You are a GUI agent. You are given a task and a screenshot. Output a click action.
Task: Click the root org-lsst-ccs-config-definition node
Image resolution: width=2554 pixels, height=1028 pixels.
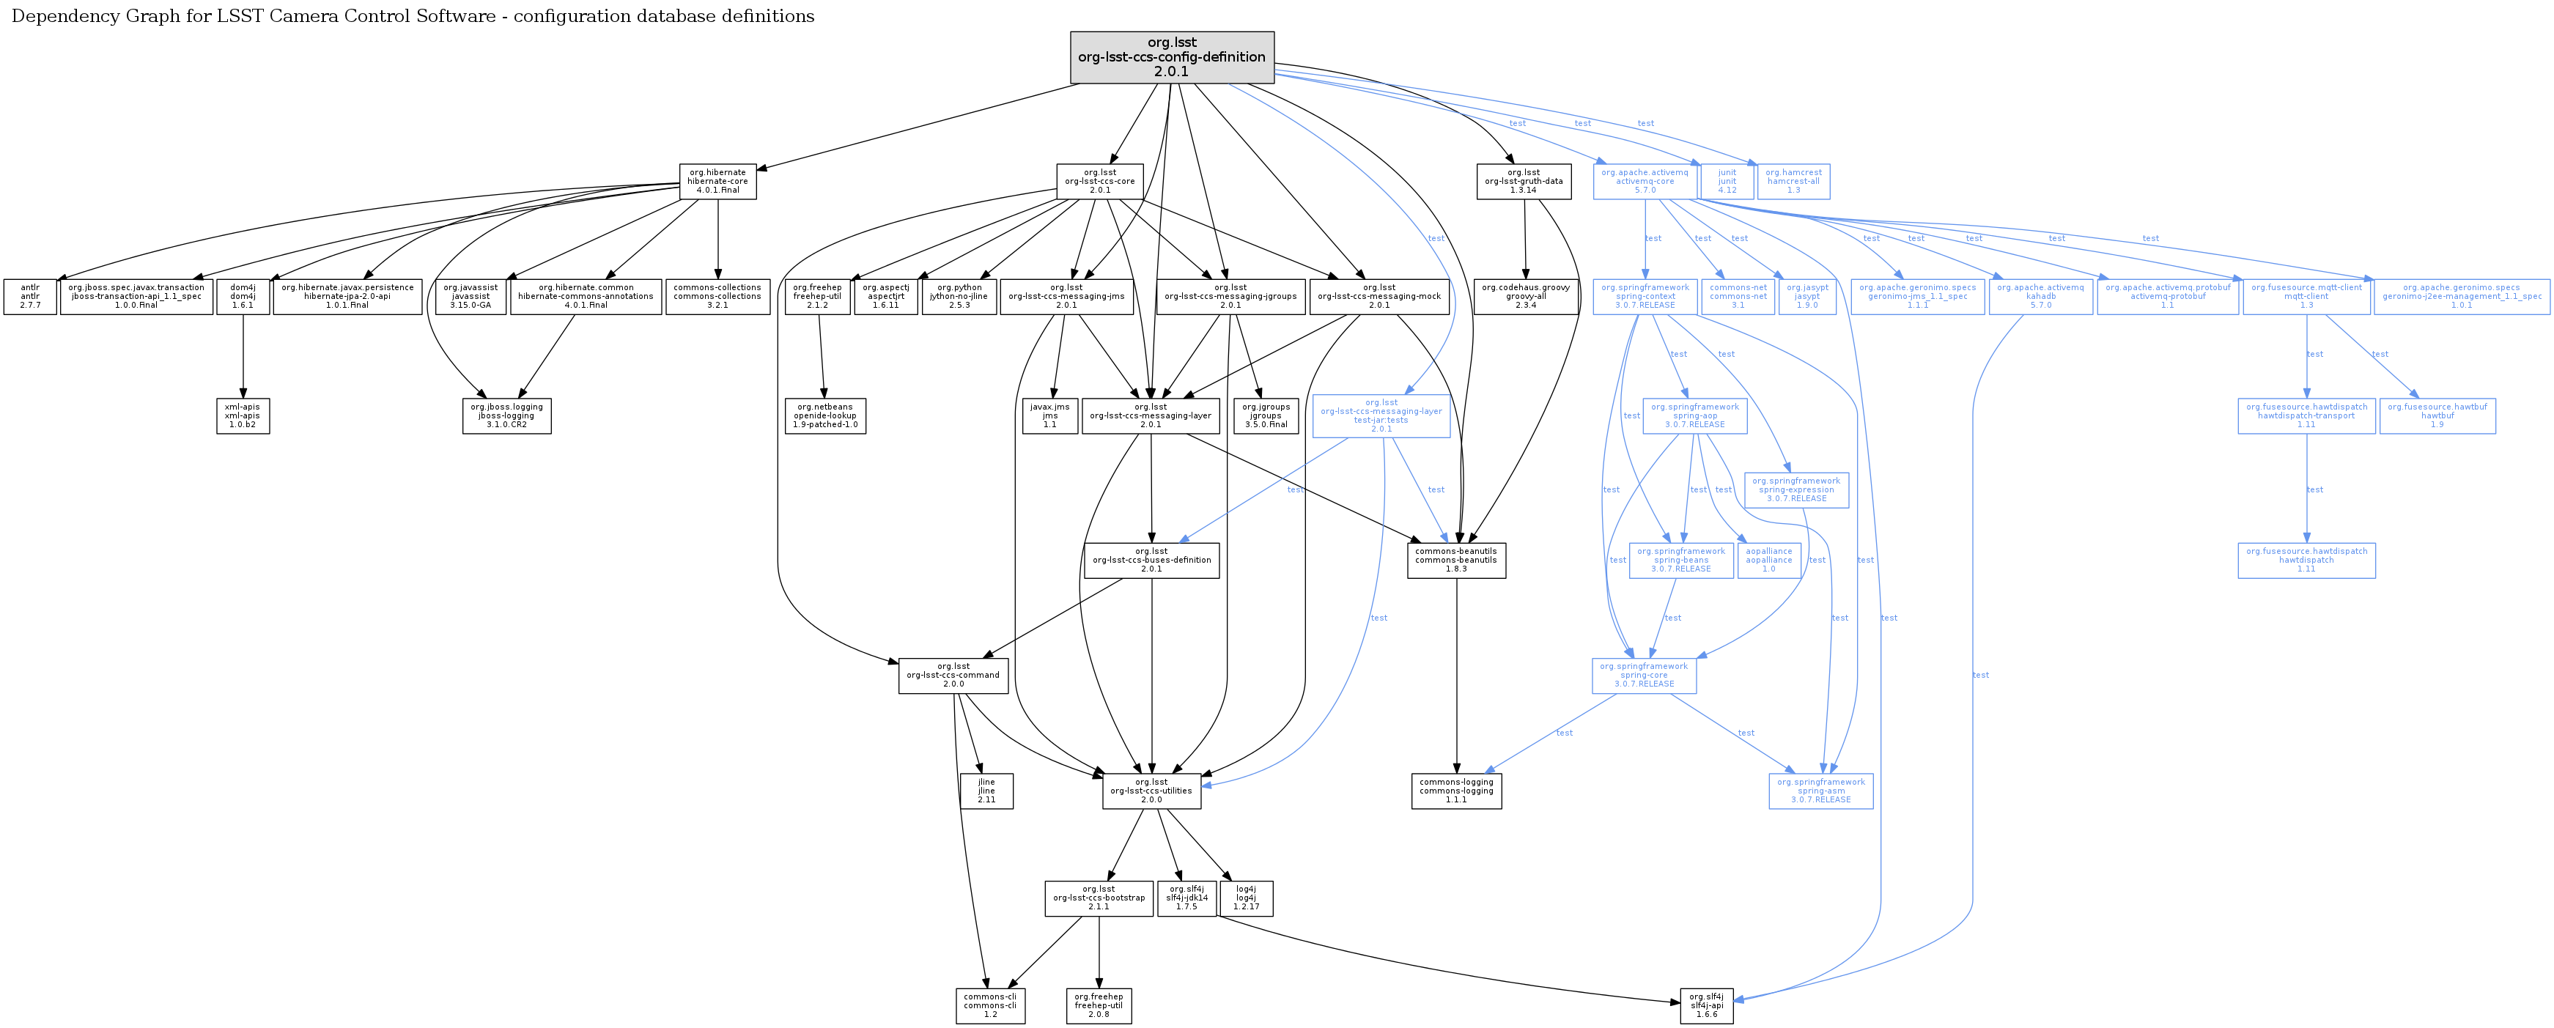[1172, 57]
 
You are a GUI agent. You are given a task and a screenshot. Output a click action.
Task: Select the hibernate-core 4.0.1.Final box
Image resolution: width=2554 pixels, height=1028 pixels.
[717, 182]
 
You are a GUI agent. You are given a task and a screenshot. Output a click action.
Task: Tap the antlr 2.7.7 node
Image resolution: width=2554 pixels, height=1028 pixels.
[30, 297]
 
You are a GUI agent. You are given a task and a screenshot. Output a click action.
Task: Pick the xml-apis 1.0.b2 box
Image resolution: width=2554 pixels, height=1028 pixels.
[243, 415]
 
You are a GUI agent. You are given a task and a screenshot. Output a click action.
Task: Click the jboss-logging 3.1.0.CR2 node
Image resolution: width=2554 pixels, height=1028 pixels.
[506, 415]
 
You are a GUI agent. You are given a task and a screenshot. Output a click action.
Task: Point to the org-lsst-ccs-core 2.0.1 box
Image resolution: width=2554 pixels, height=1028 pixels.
[1099, 182]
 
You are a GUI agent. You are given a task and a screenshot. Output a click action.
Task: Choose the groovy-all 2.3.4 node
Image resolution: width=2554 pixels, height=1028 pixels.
[1526, 297]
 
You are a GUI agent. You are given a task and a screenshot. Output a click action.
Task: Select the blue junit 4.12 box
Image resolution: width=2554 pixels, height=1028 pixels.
[1727, 182]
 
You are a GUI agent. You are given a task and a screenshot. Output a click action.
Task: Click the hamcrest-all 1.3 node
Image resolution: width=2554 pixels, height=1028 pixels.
[1793, 182]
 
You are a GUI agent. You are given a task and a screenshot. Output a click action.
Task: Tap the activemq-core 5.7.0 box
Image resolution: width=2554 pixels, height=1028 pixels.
[1645, 182]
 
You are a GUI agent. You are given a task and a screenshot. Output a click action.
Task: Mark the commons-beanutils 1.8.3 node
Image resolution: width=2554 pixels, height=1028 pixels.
[1456, 560]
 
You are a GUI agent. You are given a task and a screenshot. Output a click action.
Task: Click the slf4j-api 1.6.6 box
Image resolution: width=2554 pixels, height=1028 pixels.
[1706, 1005]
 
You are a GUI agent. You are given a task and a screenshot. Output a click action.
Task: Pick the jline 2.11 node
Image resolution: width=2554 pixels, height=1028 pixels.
[986, 791]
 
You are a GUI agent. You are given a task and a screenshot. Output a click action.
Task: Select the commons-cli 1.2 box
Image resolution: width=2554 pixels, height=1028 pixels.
[991, 1005]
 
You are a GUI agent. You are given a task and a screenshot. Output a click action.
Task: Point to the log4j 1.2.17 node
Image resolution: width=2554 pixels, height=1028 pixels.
[1247, 898]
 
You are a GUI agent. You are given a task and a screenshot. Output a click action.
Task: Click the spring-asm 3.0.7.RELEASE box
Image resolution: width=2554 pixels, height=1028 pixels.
[1820, 791]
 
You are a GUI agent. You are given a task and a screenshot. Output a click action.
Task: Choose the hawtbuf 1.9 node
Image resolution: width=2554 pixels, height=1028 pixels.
[2437, 415]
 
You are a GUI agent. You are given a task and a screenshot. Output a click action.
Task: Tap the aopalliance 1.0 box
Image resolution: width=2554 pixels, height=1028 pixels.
[1769, 560]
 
